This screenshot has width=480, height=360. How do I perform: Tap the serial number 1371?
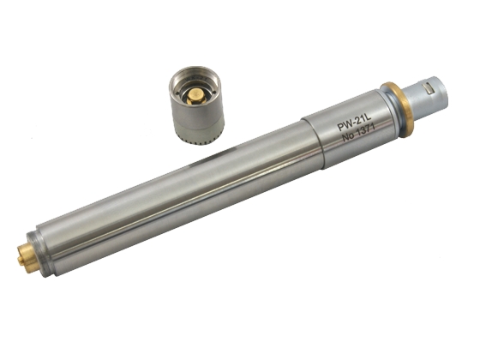coord(365,130)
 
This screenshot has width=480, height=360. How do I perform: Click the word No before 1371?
coord(348,136)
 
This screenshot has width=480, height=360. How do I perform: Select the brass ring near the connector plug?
coord(399,110)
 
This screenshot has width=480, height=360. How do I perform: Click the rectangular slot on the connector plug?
coord(429,87)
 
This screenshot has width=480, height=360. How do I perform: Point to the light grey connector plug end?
coord(424,98)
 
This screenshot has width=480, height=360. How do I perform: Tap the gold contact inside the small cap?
coord(195,97)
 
